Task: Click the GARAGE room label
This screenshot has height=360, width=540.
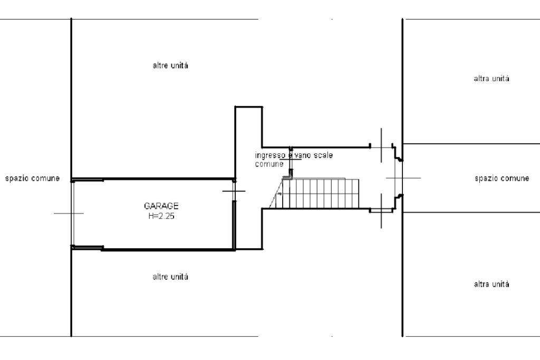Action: (161, 206)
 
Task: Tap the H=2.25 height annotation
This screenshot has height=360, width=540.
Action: (161, 216)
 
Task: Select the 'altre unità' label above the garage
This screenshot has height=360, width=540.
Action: (170, 66)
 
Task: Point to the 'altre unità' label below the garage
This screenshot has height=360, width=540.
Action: (170, 277)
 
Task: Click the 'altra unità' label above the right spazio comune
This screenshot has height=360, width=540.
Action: (491, 79)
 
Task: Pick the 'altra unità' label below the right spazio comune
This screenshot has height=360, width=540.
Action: (491, 284)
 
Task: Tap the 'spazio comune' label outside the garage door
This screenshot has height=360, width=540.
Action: (32, 178)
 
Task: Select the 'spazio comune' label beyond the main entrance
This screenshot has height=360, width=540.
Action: (502, 178)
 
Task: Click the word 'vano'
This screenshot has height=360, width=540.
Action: (302, 155)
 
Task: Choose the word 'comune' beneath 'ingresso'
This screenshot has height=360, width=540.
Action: (269, 164)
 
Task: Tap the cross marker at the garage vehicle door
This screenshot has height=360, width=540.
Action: (69, 213)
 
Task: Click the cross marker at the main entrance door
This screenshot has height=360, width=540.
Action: (396, 178)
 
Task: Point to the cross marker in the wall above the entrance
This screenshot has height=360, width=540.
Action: (381, 145)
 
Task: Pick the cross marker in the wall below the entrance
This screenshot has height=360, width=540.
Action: (381, 211)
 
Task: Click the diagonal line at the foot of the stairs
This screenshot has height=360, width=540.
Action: (275, 197)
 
